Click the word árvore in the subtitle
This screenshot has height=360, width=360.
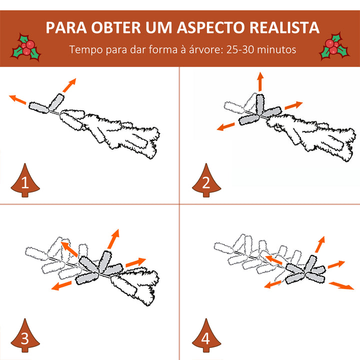pyautogui.click(x=197, y=50)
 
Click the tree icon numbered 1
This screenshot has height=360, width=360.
pyautogui.click(x=24, y=181)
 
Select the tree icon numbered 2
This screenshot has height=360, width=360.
pyautogui.click(x=205, y=181)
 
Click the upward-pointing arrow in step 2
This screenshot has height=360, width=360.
pyautogui.click(x=260, y=81)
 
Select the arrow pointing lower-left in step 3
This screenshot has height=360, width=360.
pyautogui.click(x=60, y=285)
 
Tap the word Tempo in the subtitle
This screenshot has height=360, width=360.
pyautogui.click(x=84, y=50)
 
